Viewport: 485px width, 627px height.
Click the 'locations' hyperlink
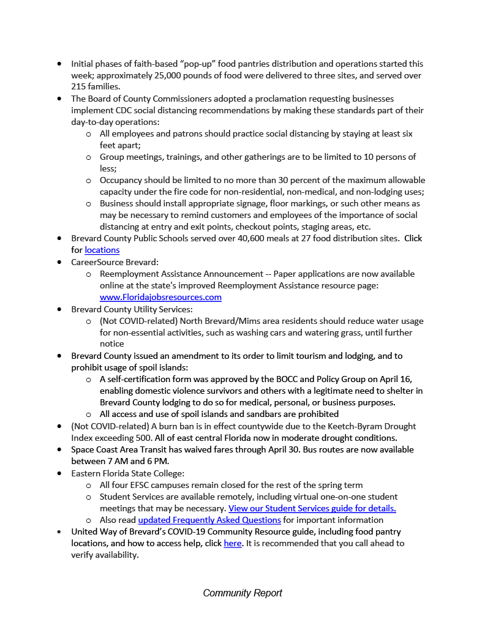[102, 250]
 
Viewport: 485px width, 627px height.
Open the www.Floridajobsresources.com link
[160, 297]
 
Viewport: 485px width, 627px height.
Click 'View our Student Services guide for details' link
[312, 508]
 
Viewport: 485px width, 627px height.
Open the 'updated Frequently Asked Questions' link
[209, 520]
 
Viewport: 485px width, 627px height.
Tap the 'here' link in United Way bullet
[233, 543]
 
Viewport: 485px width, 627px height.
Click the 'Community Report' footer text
[242, 593]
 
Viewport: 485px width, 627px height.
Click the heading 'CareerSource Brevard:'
[115, 261]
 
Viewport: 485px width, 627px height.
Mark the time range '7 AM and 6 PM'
[129, 461]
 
